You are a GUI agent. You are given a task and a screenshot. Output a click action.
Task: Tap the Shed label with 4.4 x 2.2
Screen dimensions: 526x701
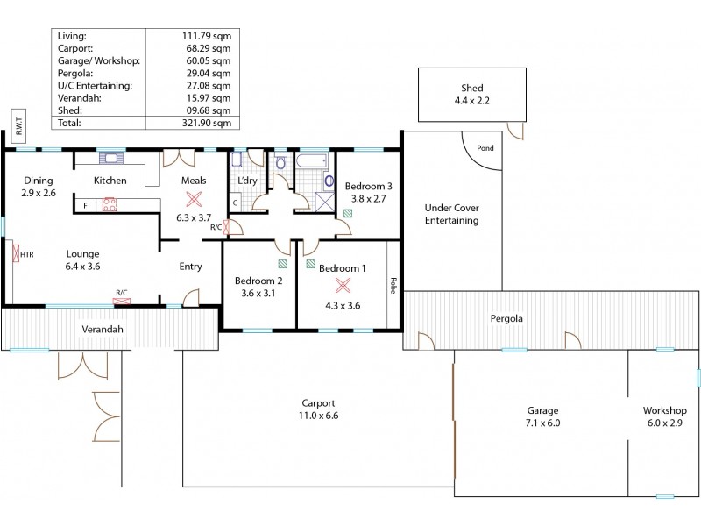click(472, 95)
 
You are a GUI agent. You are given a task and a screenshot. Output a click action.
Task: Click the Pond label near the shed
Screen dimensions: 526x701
click(485, 148)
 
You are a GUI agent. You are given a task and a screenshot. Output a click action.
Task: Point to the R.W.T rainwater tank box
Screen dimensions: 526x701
click(18, 128)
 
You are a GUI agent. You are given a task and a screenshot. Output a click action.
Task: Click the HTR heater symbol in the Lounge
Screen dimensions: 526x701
click(17, 255)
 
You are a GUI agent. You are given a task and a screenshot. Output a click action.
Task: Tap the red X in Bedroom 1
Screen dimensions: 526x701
click(343, 284)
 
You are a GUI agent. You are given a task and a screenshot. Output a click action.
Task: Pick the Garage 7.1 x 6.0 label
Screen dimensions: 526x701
click(542, 416)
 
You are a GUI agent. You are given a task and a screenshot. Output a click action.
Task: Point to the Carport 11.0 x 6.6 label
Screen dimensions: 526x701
click(319, 409)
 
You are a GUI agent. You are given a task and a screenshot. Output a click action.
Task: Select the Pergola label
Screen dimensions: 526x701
click(506, 318)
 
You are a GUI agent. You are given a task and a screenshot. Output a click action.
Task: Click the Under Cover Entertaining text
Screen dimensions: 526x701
click(451, 214)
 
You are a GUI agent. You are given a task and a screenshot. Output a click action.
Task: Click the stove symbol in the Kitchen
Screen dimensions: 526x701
click(111, 204)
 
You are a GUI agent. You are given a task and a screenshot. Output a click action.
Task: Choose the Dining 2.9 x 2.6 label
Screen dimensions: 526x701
click(39, 186)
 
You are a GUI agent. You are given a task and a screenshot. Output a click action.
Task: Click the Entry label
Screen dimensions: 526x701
click(190, 267)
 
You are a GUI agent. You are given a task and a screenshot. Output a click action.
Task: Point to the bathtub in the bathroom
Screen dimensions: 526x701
click(313, 160)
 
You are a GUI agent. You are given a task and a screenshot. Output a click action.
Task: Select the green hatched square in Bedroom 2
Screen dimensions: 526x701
click(281, 262)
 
